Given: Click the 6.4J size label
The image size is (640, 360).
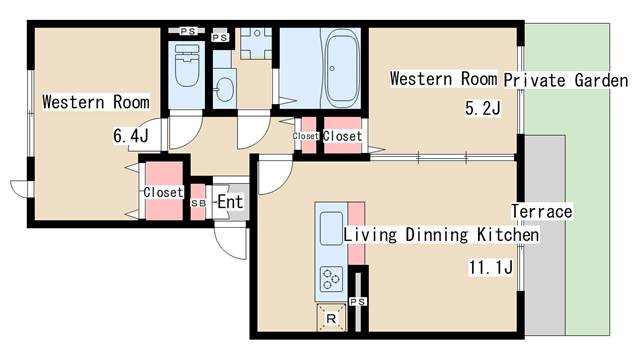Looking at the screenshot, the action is [131, 136].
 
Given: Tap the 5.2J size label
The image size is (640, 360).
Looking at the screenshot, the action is [483, 109].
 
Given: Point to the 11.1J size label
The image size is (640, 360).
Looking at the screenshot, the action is [491, 268].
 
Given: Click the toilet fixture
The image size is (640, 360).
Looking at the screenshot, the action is [187, 66].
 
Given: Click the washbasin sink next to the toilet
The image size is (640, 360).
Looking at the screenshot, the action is [224, 89].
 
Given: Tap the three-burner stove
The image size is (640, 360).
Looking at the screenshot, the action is [331, 278].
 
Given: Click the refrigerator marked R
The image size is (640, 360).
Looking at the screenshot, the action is [331, 318].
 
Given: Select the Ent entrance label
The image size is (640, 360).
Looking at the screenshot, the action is [230, 202].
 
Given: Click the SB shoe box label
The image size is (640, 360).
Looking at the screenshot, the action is [199, 203].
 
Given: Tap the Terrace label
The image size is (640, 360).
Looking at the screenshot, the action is [542, 211].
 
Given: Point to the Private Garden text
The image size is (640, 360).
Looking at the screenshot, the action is [566, 80].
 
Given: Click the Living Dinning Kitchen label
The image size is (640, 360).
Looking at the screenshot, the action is [441, 235].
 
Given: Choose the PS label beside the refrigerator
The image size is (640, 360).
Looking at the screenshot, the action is [358, 302].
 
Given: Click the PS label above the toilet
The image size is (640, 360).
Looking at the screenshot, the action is [188, 31].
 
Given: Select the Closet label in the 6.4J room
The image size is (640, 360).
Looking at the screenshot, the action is [163, 192].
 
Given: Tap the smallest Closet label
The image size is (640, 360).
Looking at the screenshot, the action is [305, 136].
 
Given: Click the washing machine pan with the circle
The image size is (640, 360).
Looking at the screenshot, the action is [256, 43].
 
